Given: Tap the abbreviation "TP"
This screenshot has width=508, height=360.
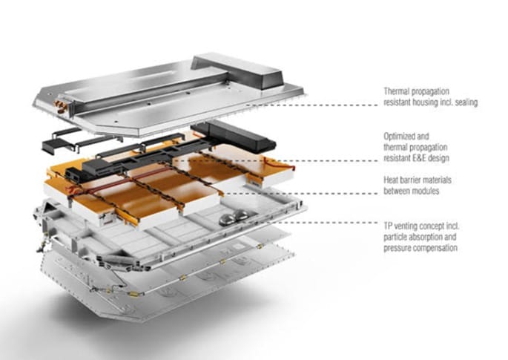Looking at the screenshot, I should (389, 223).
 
